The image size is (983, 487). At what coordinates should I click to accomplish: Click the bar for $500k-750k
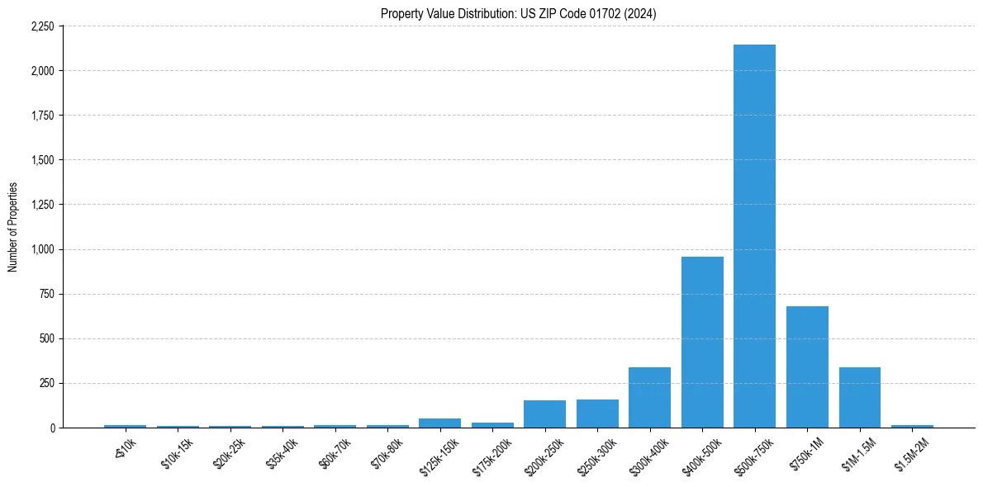754,236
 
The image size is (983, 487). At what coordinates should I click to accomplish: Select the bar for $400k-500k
702,342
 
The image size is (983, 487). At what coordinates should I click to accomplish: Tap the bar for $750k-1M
807,366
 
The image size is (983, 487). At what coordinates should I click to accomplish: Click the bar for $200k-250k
544,414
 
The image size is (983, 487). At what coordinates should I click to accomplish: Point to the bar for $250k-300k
597,414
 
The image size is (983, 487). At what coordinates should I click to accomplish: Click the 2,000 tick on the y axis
42,71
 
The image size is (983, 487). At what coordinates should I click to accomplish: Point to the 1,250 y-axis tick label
42,205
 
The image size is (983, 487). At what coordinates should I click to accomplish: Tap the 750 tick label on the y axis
47,294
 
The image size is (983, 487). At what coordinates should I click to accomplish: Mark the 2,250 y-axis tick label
42,26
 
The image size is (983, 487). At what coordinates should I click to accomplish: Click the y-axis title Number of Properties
12,227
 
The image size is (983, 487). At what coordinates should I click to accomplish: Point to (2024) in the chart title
640,14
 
